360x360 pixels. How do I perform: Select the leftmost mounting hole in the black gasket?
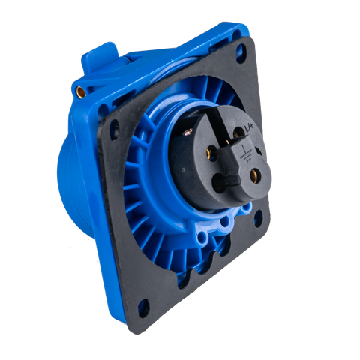[113, 128]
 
